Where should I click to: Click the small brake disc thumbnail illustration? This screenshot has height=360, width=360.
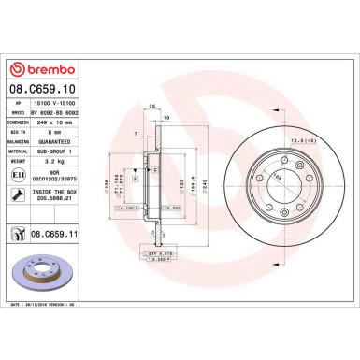click(38, 272)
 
